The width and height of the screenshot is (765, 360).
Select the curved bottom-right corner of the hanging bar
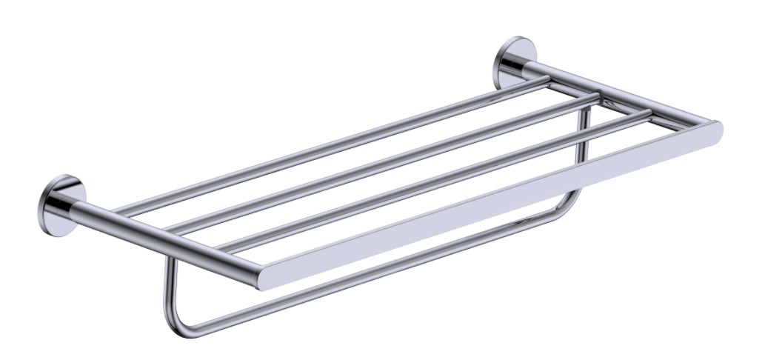click(574, 201)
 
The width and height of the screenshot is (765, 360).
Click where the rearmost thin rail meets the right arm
click(547, 80)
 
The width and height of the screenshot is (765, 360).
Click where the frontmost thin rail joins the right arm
click(649, 113)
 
